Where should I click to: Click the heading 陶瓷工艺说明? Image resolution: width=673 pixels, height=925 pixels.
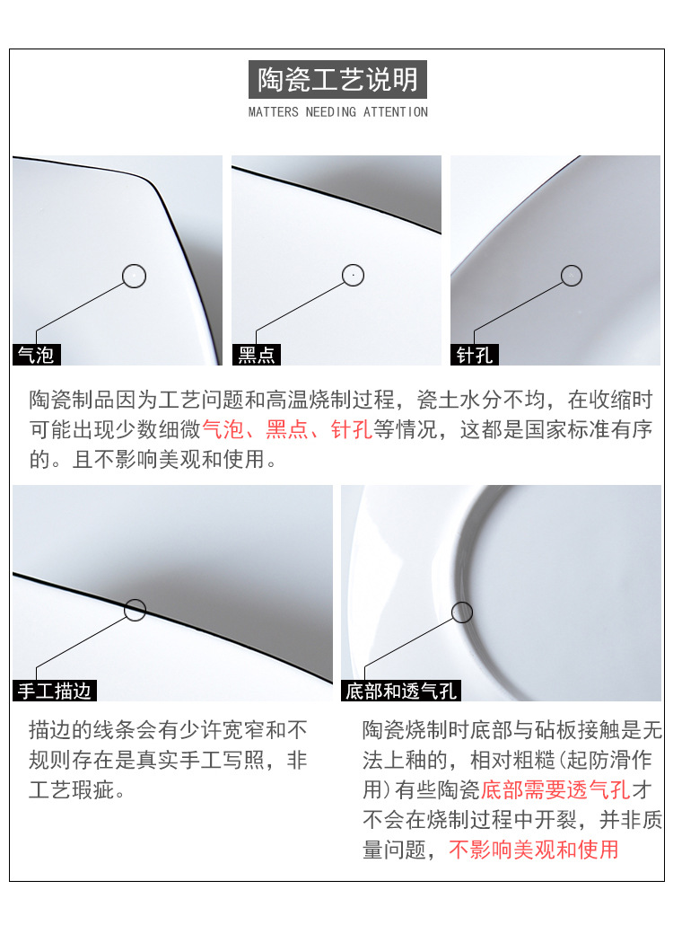point(337,80)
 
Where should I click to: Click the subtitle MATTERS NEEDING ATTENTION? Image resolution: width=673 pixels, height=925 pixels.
point(337,112)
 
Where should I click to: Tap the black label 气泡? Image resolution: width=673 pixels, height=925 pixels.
point(37,355)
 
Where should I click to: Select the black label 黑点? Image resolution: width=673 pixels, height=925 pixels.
point(256,355)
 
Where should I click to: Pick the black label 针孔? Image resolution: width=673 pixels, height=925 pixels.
point(475,355)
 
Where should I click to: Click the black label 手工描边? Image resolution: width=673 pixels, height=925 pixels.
point(55,691)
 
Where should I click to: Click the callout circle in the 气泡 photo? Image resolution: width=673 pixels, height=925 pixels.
point(134,276)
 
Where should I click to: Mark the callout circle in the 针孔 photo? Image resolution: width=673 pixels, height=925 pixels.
point(572,276)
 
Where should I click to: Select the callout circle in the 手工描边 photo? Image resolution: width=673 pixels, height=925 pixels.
point(135,610)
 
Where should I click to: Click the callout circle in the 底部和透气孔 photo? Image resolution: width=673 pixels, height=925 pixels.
point(461,612)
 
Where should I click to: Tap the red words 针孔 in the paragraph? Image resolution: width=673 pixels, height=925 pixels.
point(352,429)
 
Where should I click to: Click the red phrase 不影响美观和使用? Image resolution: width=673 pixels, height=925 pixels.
point(534,849)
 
